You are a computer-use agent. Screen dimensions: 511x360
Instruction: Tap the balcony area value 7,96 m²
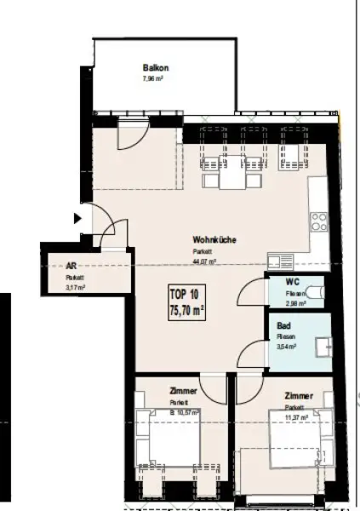(153, 79)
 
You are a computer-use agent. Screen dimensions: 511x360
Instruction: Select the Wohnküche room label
(214, 240)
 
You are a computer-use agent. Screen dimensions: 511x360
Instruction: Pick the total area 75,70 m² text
(186, 311)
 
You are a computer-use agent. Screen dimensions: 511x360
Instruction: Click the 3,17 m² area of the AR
(75, 288)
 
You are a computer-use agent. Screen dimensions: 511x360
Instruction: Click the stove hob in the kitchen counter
(318, 223)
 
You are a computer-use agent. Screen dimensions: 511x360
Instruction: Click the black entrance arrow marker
(79, 218)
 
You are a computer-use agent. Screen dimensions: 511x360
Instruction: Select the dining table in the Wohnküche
(224, 178)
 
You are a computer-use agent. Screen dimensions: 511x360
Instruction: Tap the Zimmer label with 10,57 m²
(184, 393)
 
